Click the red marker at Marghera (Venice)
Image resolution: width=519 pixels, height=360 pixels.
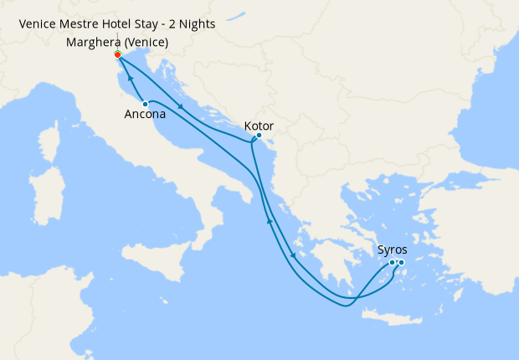tap(117, 54)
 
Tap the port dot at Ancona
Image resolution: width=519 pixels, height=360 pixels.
tap(146, 103)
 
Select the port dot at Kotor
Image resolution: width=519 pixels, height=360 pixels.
tap(259, 136)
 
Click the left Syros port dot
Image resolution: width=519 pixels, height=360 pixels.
tap(392, 263)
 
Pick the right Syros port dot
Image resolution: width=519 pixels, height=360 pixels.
tap(401, 263)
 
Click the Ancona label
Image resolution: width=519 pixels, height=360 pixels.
tap(143, 115)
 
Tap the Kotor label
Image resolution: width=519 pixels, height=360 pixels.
tap(258, 126)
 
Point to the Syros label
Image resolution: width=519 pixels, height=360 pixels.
tap(393, 249)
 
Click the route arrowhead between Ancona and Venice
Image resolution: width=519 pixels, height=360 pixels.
tap(131, 78)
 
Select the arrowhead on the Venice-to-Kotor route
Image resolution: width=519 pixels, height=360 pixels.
tap(182, 105)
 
